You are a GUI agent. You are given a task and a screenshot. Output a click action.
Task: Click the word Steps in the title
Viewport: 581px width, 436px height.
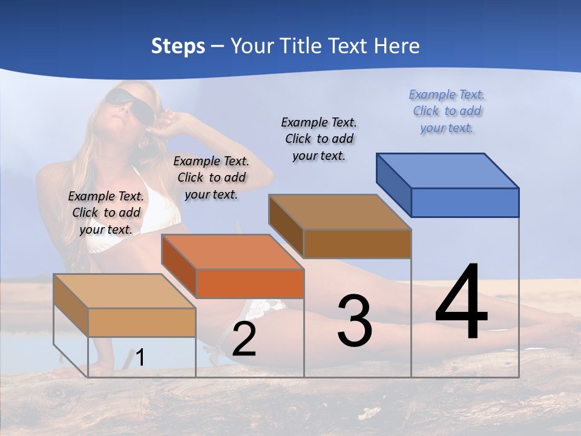(x=178, y=46)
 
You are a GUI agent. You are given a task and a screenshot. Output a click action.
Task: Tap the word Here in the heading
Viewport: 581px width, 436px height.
(x=396, y=46)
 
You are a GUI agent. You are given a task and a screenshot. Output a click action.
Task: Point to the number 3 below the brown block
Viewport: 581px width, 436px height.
(x=355, y=321)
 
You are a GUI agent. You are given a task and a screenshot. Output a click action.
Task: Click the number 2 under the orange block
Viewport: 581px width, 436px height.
(x=244, y=340)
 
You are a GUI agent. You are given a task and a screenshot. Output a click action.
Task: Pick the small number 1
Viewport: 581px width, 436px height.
(x=140, y=358)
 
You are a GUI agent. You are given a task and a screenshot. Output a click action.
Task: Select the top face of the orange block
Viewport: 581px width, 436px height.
(x=232, y=252)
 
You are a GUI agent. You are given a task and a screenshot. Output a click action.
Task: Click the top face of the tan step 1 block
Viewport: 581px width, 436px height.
(x=125, y=291)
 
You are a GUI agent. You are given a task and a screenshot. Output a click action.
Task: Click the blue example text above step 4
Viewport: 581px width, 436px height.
(x=447, y=111)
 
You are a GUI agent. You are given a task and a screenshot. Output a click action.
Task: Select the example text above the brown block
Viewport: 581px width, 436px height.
(x=319, y=139)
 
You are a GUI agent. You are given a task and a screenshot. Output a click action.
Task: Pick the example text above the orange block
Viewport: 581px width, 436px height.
(x=211, y=177)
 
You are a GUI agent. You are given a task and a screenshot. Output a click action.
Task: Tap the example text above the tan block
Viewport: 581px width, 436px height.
(x=106, y=213)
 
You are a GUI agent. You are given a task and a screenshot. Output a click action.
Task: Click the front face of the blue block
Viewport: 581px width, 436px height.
(x=465, y=202)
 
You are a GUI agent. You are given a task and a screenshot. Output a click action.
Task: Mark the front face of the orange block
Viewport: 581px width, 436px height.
(x=250, y=283)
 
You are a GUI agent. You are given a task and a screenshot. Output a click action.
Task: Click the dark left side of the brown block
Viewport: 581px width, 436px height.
(x=286, y=225)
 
